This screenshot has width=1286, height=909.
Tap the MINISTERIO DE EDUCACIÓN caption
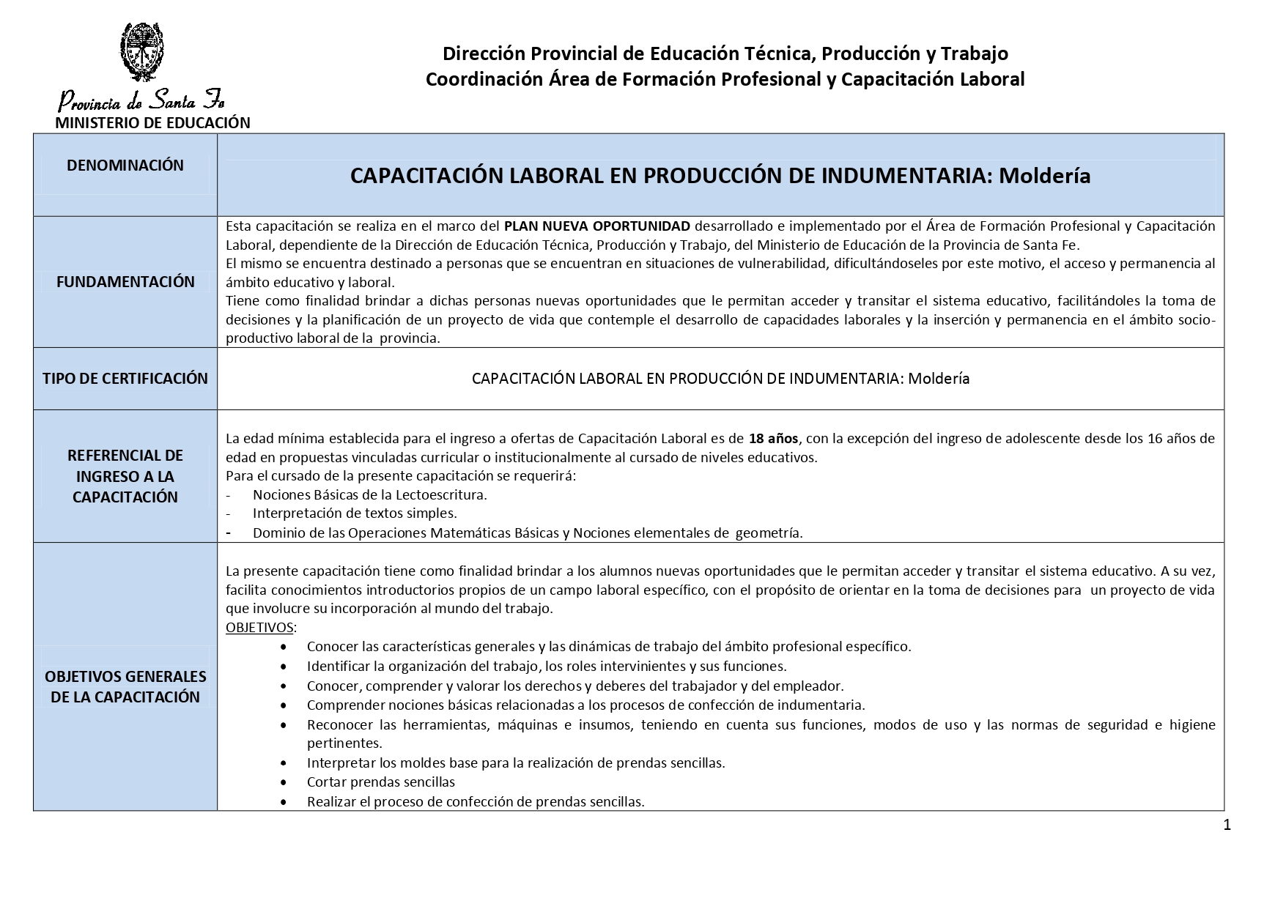tap(152, 123)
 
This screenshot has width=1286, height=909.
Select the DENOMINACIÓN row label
tap(125, 166)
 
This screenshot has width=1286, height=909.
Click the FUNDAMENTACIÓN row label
tap(125, 282)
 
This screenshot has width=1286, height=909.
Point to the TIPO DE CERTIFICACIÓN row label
tap(125, 379)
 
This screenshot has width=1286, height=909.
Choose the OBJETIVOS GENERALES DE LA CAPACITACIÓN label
tap(125, 686)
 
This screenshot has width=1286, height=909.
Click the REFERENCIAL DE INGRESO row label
tap(125, 476)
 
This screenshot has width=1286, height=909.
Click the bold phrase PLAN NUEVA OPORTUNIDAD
tap(596, 226)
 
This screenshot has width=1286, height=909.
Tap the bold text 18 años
tap(774, 439)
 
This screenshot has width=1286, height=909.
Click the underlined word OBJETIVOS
tap(259, 628)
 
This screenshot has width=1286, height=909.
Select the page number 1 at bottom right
tap(1227, 825)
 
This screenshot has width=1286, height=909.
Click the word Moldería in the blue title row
tap(1044, 176)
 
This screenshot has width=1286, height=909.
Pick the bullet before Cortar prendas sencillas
tap(284, 782)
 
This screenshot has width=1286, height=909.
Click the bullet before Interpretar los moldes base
tap(284, 763)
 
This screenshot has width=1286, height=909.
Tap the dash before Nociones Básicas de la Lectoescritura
tap(229, 495)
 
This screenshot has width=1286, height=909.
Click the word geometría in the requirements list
tap(768, 533)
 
